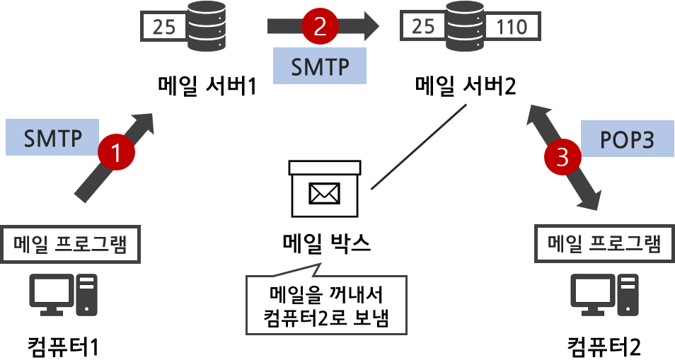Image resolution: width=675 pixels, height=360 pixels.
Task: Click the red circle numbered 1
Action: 117,151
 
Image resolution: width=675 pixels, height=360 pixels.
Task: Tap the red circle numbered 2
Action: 319,28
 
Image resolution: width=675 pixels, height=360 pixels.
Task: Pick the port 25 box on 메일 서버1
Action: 163,28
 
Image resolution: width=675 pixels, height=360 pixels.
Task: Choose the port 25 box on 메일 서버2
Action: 423,27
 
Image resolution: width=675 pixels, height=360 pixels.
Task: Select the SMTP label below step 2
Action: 321,66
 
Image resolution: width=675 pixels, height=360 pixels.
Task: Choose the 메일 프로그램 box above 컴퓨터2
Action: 604,244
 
